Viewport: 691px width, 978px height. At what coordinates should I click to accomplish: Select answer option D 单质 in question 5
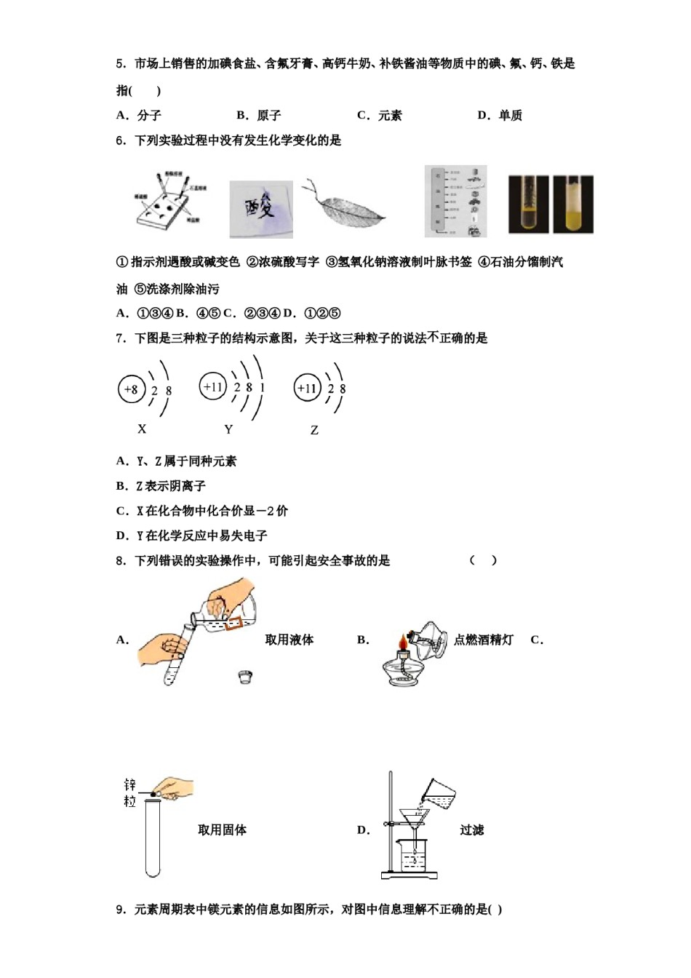coord(500,115)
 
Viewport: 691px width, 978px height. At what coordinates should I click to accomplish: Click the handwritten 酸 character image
coord(261,210)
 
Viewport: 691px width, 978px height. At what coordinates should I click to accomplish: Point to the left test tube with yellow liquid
coord(530,204)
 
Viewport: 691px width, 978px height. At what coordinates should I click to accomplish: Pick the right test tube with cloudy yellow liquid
coord(573,204)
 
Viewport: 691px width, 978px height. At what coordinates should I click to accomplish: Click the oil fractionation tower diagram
coord(455,202)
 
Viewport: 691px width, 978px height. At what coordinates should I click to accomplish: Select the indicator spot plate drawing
coord(169,203)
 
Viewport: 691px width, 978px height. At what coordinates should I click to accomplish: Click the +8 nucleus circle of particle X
coord(132,389)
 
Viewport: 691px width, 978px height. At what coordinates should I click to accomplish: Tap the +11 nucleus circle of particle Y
coord(213,386)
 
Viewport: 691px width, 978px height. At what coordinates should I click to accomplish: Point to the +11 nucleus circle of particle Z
coord(307,389)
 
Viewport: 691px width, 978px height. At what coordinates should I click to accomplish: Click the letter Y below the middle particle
coord(228,429)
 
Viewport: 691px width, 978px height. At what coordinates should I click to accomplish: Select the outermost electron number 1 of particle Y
coord(262,387)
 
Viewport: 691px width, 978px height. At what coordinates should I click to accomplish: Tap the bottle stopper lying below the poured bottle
coord(246,677)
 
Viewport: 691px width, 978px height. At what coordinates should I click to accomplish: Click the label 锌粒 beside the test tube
coord(130,792)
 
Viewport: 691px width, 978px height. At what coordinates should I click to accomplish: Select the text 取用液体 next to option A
coord(289,640)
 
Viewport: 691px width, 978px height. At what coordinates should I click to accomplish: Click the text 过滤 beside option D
coord(471,830)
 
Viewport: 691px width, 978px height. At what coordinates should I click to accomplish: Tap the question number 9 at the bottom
coord(120,909)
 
